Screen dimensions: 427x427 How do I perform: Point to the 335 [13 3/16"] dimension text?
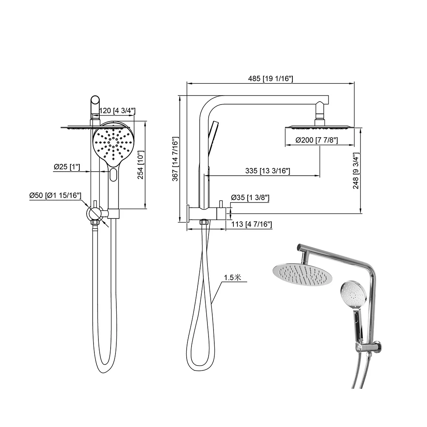pos(268,171)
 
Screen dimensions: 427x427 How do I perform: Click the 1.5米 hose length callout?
pos(233,278)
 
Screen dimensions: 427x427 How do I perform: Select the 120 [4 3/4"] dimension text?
pos(117,111)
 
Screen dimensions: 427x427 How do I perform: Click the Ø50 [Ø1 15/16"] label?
pos(55,196)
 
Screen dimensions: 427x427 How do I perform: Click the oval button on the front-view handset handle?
pos(113,175)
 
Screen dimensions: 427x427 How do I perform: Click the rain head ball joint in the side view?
pos(320,112)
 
